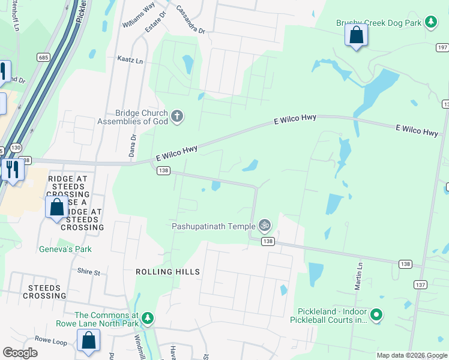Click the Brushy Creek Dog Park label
[379, 23]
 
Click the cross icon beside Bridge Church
[176, 116]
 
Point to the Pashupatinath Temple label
[213, 226]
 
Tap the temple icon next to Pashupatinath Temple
[265, 226]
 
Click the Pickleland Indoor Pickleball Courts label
[332, 316]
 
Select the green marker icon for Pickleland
[376, 314]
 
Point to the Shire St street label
[88, 272]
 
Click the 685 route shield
[43, 58]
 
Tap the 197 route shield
[442, 47]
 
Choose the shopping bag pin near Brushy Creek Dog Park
[357, 36]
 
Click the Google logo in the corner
[20, 353]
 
